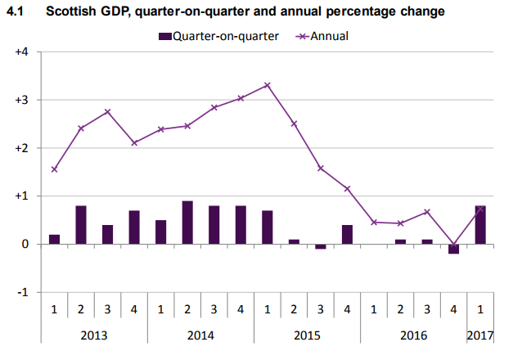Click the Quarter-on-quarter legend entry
[216, 36]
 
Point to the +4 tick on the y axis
[22, 52]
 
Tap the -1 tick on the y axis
[23, 292]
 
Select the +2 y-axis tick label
[22, 148]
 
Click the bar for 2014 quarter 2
[187, 223]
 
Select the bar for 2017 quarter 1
[480, 225]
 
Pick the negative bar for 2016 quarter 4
[453, 249]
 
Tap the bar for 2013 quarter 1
[54, 239]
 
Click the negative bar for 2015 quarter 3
[321, 246]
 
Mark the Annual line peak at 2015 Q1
[268, 85]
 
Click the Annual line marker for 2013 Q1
[54, 169]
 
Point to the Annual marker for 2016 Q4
[453, 244]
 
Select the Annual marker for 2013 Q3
[107, 112]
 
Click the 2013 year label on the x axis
[94, 335]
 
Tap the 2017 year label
[480, 335]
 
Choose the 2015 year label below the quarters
[307, 335]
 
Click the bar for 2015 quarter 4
[347, 234]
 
